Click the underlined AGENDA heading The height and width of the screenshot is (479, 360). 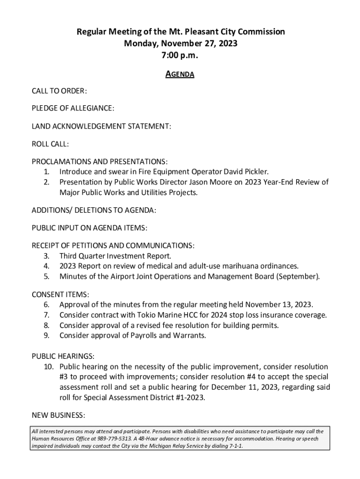(180, 74)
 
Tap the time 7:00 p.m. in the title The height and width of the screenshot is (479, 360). (180, 55)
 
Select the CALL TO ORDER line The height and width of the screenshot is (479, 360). (59, 91)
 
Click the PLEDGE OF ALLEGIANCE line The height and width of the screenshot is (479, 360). (72, 109)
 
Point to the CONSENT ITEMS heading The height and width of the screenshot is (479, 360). (60, 294)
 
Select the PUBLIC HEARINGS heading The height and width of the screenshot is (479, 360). (63, 356)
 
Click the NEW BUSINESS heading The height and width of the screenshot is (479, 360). (58, 415)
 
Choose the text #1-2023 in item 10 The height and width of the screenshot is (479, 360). (188, 398)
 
